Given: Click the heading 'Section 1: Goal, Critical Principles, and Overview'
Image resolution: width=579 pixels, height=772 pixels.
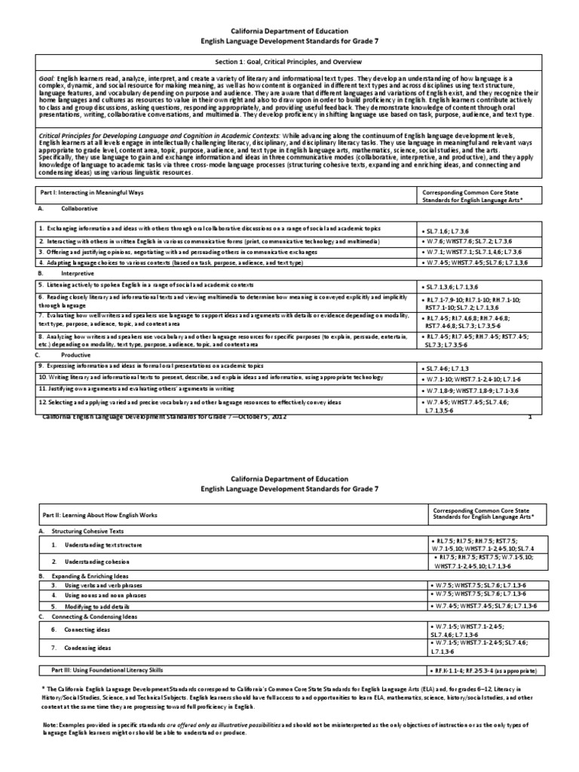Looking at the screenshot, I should tap(289, 60).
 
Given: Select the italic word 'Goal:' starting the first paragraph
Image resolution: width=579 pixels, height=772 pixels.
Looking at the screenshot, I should tap(46, 78).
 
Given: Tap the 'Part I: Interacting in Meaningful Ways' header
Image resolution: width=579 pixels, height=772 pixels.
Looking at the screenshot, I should tap(90, 192).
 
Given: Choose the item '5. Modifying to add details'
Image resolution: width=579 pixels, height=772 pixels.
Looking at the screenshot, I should tap(97, 605).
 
